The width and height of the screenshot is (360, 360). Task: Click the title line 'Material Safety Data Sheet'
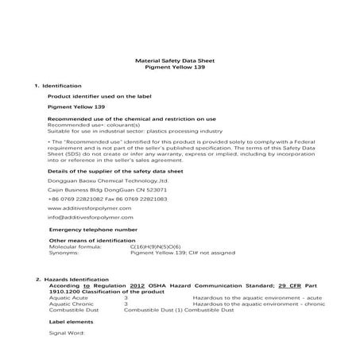(180, 61)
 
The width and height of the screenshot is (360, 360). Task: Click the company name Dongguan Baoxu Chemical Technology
(98, 181)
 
